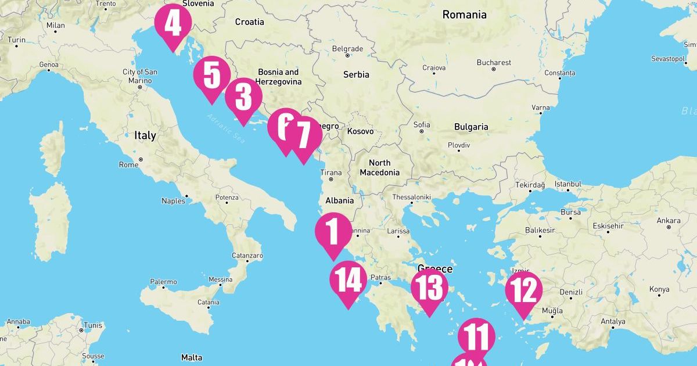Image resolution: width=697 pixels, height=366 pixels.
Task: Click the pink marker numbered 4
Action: click(173, 24)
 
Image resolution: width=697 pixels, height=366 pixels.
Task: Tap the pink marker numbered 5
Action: click(211, 76)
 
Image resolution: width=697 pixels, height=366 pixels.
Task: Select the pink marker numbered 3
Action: click(243, 97)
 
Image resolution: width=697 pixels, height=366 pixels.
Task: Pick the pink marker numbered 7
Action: click(303, 136)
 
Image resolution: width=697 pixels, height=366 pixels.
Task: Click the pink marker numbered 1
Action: click(333, 231)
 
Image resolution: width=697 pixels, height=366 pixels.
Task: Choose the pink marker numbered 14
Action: click(348, 281)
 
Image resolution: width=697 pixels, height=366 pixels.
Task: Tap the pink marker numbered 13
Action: click(429, 288)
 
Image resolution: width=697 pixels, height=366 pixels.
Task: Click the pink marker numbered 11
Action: click(476, 336)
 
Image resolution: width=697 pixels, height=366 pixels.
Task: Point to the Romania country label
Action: click(464, 15)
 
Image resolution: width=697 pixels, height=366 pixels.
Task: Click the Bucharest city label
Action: click(494, 62)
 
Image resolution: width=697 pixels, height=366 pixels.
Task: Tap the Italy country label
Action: click(145, 135)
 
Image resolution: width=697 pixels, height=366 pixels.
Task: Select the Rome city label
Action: click(128, 164)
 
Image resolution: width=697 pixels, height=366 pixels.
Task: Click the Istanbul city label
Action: click(567, 184)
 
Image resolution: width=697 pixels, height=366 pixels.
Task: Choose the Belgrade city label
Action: click(347, 49)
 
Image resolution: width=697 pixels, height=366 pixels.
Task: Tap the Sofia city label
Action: click(421, 124)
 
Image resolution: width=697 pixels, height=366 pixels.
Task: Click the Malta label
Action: click(192, 357)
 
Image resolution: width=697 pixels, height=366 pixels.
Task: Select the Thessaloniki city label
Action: click(411, 197)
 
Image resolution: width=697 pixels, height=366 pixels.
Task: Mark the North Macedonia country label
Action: click(379, 167)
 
